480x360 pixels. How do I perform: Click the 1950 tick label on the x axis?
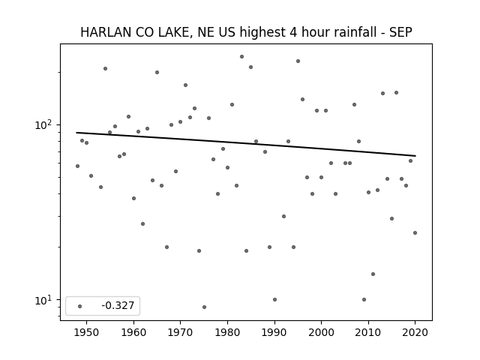click(x=87, y=332)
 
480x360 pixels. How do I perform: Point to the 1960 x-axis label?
click(x=133, y=332)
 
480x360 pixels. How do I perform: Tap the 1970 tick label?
click(x=180, y=332)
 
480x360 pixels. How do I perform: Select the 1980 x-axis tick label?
click(x=227, y=332)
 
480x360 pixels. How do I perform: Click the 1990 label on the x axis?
click(x=274, y=332)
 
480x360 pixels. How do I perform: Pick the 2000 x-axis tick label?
click(x=321, y=332)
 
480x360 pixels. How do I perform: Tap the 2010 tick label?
click(x=368, y=332)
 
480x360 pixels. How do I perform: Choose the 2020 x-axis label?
click(x=415, y=332)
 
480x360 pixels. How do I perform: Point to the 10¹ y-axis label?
click(x=44, y=300)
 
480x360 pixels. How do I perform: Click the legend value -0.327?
click(x=118, y=305)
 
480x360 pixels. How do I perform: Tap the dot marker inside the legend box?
click(x=80, y=306)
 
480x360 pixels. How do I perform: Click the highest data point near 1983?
click(x=241, y=57)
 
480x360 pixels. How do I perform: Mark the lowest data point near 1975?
click(x=204, y=307)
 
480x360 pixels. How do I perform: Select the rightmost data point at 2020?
click(x=415, y=233)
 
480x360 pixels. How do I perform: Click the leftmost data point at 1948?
click(x=77, y=166)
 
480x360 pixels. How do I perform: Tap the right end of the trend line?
click(x=415, y=156)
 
